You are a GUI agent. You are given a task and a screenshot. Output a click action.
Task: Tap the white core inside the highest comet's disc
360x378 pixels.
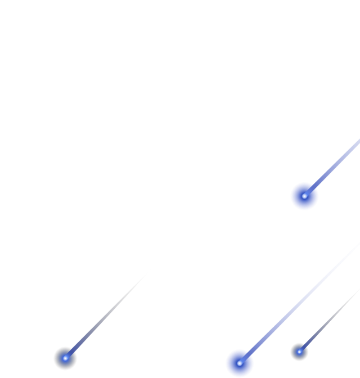tap(304, 196)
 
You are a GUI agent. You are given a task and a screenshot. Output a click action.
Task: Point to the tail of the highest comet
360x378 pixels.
tap(335, 164)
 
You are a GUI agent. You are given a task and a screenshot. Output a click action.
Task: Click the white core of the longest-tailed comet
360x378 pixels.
tap(240, 363)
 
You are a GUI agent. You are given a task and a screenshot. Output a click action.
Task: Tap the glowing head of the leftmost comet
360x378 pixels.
tap(65, 358)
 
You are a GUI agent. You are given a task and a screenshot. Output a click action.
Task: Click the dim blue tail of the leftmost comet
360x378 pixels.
tap(96, 326)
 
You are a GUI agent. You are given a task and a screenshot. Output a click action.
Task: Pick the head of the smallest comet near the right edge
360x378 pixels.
tap(299, 352)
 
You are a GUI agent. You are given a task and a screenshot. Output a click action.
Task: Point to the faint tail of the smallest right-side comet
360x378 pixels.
tap(323, 327)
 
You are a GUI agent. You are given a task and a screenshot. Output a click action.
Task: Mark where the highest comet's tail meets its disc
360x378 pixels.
tap(313, 187)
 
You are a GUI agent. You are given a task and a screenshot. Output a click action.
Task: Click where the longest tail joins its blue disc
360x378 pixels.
tap(248, 354)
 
